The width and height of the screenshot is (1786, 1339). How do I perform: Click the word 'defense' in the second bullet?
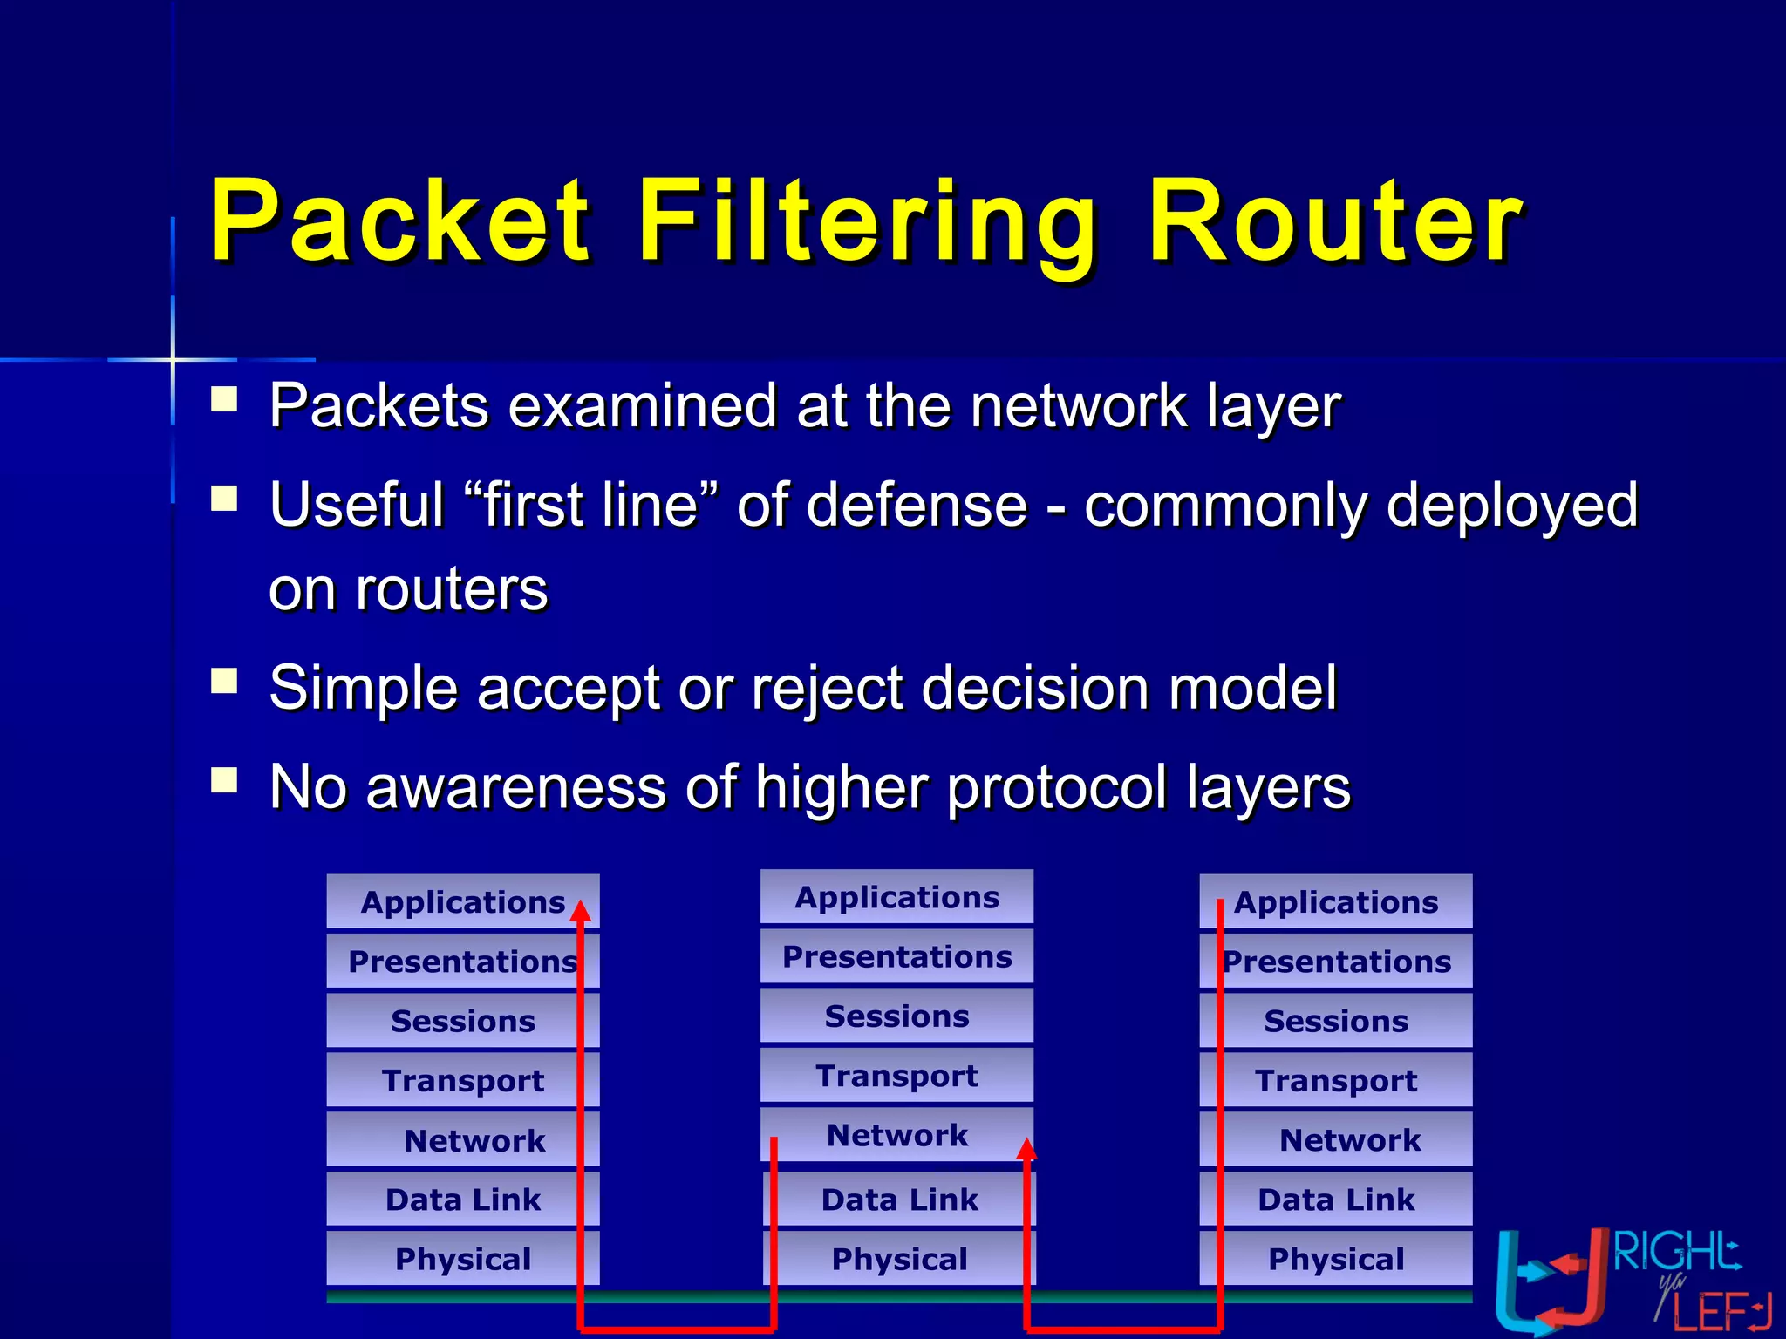point(917,505)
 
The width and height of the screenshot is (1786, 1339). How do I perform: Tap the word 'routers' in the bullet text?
point(451,590)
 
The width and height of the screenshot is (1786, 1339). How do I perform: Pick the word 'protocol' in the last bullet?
point(1056,787)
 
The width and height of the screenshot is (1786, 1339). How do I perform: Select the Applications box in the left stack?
point(462,901)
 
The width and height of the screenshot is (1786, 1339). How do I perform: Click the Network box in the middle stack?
point(896,1135)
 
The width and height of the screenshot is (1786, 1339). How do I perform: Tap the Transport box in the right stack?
point(1336,1080)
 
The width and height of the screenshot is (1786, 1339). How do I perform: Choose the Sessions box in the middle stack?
point(896,1016)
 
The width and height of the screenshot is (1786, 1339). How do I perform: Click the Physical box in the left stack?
point(462,1259)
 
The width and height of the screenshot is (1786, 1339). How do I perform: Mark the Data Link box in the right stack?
point(1336,1200)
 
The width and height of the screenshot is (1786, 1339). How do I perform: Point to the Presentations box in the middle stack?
point(896,956)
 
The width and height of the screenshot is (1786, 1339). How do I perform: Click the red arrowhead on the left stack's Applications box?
point(581,911)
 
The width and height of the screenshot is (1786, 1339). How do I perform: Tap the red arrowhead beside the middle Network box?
point(1027,1149)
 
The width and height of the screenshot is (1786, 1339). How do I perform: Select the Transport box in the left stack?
point(462,1080)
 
